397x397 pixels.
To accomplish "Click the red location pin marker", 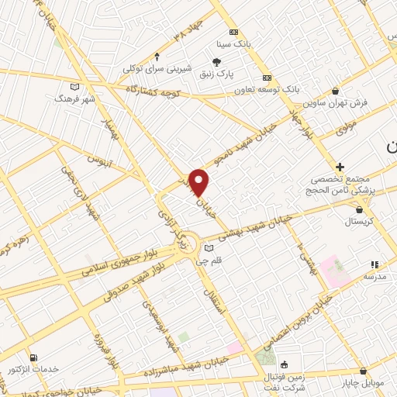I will point(199,181).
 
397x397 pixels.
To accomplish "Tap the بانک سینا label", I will point(233,45).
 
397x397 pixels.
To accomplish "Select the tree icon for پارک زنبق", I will point(217,62).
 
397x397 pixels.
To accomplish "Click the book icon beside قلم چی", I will point(208,248).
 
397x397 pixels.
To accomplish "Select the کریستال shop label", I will point(359,221).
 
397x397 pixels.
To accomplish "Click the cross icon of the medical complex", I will point(340,167).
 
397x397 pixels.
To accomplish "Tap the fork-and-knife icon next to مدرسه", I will point(373,264).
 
